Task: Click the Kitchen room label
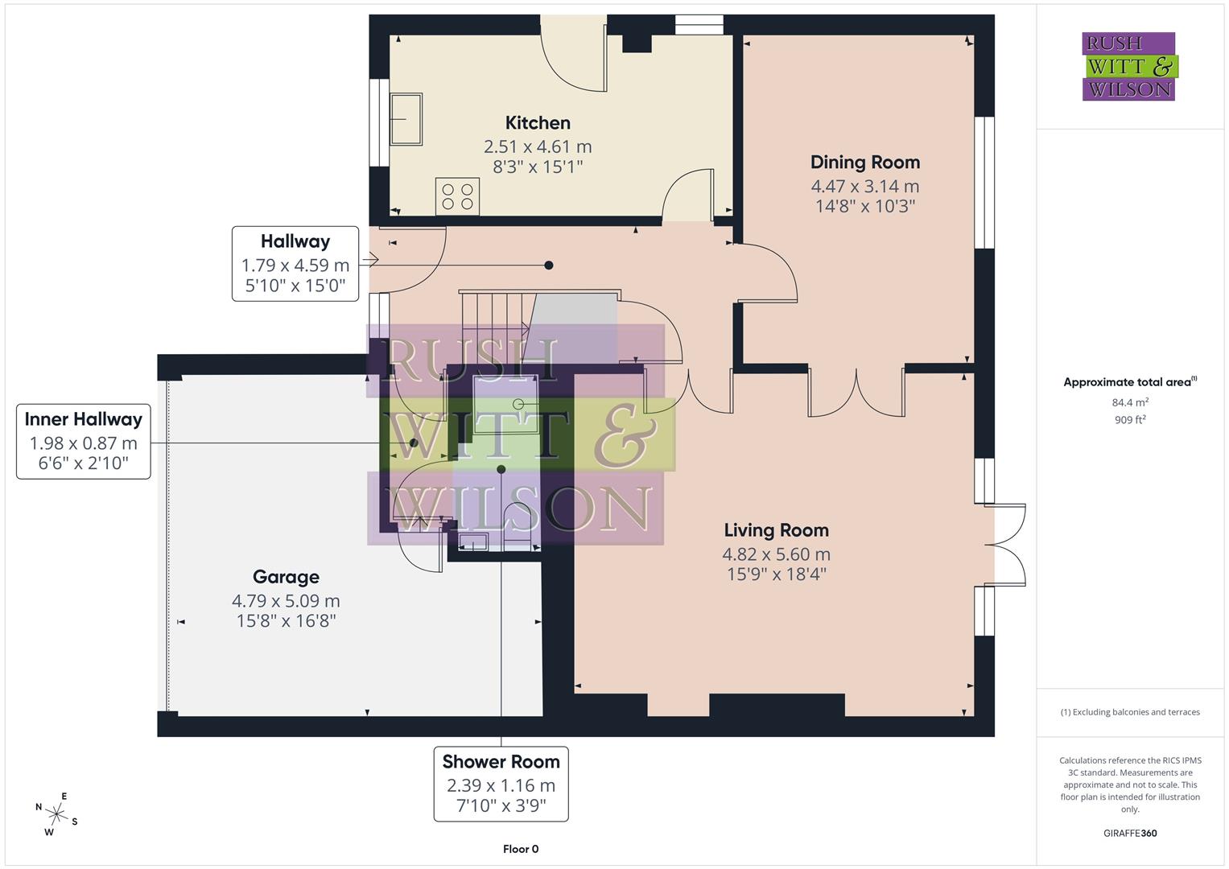(x=538, y=123)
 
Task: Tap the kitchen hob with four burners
(x=457, y=196)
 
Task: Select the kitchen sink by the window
(x=406, y=119)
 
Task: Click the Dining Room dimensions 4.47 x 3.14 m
(x=864, y=186)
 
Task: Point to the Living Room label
(x=776, y=530)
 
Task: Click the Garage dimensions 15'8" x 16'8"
(x=286, y=620)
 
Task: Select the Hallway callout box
(x=295, y=264)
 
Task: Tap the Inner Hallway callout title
(x=84, y=419)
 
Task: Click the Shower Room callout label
(x=501, y=761)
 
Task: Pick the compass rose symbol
(x=56, y=813)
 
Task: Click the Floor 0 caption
(x=521, y=849)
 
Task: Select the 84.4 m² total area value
(x=1129, y=402)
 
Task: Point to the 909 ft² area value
(x=1129, y=419)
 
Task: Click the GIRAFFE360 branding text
(x=1129, y=833)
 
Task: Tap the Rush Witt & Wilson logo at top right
(x=1128, y=67)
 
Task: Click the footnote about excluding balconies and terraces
(x=1129, y=712)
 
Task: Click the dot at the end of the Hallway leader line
(x=549, y=265)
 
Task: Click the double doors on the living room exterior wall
(x=1008, y=545)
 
